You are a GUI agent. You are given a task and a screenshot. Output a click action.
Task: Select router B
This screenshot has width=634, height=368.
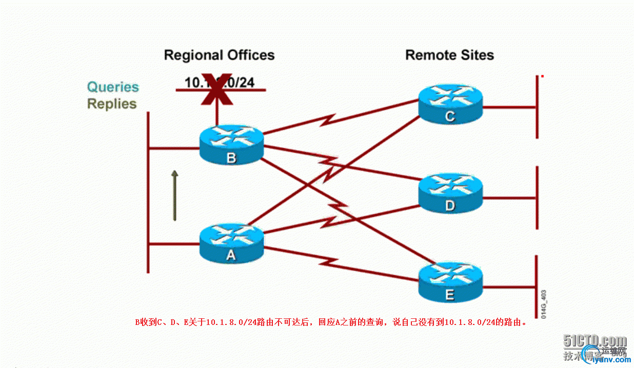click(x=231, y=145)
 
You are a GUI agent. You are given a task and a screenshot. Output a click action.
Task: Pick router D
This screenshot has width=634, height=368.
click(x=450, y=193)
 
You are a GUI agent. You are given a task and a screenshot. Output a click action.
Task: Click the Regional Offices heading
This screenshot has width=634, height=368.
click(x=219, y=55)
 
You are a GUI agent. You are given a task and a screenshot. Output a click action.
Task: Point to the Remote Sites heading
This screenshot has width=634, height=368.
click(x=449, y=55)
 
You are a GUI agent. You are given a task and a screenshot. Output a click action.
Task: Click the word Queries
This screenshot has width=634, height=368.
click(x=113, y=87)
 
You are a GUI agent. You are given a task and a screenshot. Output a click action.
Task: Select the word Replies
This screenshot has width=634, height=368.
click(x=112, y=104)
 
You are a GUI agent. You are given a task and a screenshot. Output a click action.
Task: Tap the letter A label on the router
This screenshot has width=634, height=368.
click(x=231, y=255)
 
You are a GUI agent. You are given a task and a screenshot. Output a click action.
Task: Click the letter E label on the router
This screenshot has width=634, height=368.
click(x=450, y=295)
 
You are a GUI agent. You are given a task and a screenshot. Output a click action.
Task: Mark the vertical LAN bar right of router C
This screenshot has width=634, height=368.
click(x=537, y=107)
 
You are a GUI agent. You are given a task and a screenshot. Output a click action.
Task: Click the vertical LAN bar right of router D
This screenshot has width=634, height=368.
click(x=537, y=198)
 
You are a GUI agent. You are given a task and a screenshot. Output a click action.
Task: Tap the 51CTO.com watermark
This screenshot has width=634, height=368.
click(x=595, y=341)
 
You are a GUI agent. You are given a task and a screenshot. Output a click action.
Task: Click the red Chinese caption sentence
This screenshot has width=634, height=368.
click(x=331, y=322)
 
